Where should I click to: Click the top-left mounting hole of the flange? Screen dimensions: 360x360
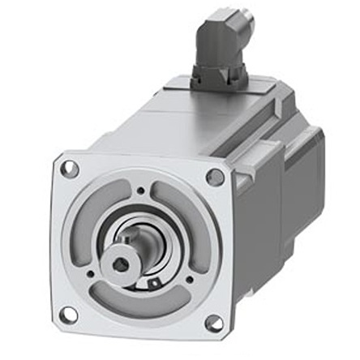click(x=71, y=170)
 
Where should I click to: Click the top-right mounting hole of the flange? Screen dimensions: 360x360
click(x=215, y=177)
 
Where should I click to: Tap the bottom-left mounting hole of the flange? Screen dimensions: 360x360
click(x=68, y=313)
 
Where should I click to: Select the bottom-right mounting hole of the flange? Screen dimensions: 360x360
click(x=214, y=323)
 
